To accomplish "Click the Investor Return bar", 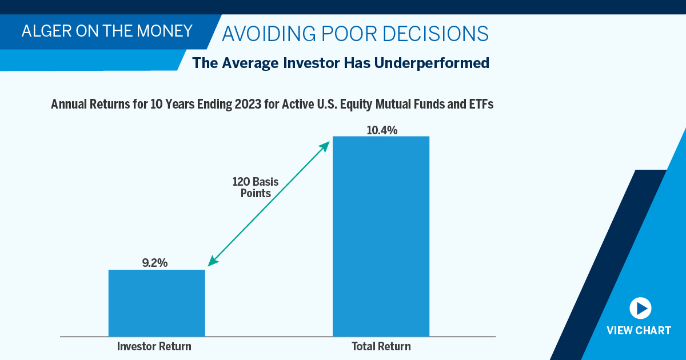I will pyautogui.click(x=157, y=303).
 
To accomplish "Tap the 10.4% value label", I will pyautogui.click(x=381, y=130).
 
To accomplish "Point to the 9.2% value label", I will pyautogui.click(x=155, y=263).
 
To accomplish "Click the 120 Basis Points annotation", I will pyautogui.click(x=255, y=187).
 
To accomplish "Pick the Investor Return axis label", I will pyautogui.click(x=154, y=346).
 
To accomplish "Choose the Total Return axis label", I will pyautogui.click(x=381, y=346).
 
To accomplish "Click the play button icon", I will pyautogui.click(x=640, y=308).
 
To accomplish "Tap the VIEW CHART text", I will pyautogui.click(x=639, y=331).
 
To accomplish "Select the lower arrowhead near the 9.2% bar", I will pyautogui.click(x=212, y=261).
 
